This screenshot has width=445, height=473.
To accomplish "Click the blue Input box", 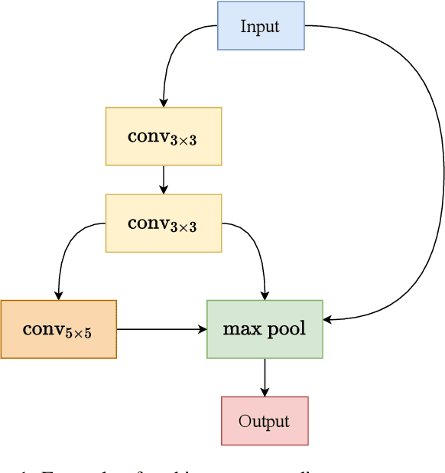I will pos(261,26).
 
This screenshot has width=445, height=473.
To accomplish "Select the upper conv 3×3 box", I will pos(163,136).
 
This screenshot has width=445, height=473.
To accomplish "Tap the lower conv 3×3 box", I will pos(163,223).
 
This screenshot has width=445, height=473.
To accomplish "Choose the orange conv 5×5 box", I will pos(58,329).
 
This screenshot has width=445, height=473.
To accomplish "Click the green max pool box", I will pos(265,329).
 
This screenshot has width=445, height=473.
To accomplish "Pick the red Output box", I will pos(265,420).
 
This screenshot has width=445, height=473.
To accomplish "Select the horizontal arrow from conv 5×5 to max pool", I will pos(161,329).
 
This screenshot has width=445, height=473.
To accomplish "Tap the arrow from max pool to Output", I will pos(265,377).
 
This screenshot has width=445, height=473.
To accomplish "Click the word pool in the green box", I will pos(285,330).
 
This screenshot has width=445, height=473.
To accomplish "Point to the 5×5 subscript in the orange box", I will pos(78,334).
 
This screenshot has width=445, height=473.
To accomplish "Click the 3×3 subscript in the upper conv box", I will pos(183,140).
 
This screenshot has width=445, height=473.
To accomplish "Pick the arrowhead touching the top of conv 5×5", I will pos(58,295).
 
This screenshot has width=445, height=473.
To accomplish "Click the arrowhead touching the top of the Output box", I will pos(265,392).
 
